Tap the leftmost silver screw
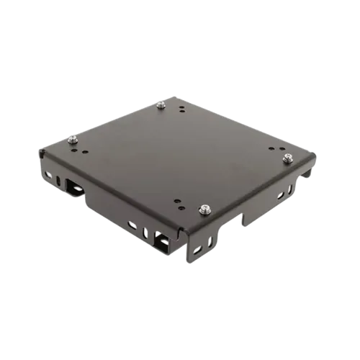coord(72,139)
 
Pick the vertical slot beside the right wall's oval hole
coord(291,188)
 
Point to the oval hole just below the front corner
coord(195,248)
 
